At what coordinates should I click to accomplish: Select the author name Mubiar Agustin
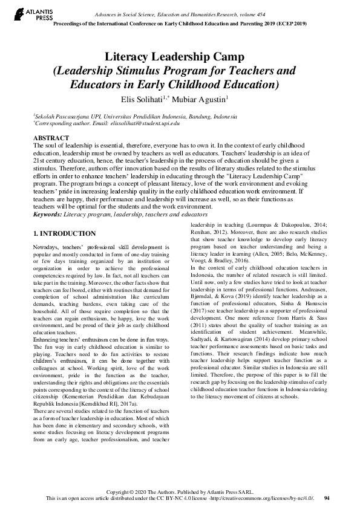(205, 98)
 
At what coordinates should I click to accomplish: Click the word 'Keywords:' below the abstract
(50, 214)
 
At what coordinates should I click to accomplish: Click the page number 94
(327, 498)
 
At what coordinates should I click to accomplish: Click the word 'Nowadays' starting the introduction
(48, 247)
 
